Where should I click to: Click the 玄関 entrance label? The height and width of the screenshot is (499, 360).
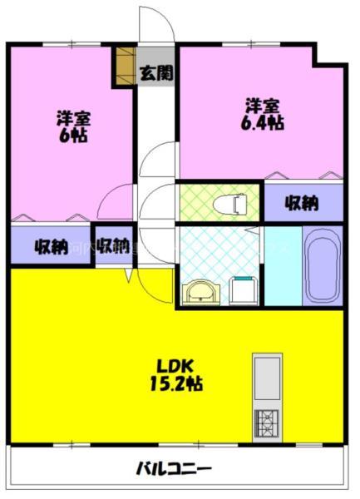pyautogui.click(x=156, y=73)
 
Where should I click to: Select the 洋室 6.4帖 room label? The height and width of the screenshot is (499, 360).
pyautogui.click(x=264, y=113)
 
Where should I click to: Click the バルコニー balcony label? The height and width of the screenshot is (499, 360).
pyautogui.click(x=174, y=468)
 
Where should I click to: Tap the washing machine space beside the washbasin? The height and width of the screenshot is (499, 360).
pyautogui.click(x=244, y=291)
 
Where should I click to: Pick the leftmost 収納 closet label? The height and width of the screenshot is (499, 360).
pyautogui.click(x=50, y=246)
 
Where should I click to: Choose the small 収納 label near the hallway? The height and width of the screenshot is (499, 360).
pyautogui.click(x=113, y=246)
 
